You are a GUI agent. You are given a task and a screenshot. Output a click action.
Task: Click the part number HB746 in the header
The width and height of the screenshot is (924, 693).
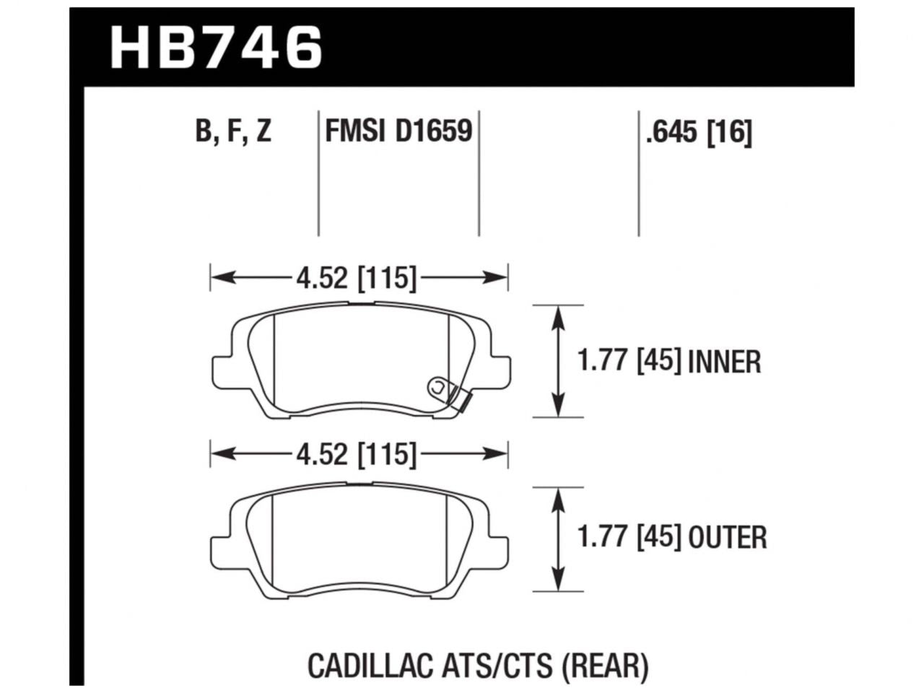pyautogui.click(x=215, y=47)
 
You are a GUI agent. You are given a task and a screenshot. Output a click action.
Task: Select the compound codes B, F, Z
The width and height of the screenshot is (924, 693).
pyautogui.click(x=232, y=132)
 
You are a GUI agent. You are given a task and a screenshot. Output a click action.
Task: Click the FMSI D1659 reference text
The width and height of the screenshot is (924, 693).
pyautogui.click(x=398, y=132)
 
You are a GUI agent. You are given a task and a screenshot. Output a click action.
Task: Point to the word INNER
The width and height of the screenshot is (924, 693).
pyautogui.click(x=724, y=362)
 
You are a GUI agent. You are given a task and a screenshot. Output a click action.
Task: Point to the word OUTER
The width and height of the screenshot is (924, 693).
pyautogui.click(x=727, y=538)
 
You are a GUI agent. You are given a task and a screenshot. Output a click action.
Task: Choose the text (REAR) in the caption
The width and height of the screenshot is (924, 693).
pyautogui.click(x=604, y=666)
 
